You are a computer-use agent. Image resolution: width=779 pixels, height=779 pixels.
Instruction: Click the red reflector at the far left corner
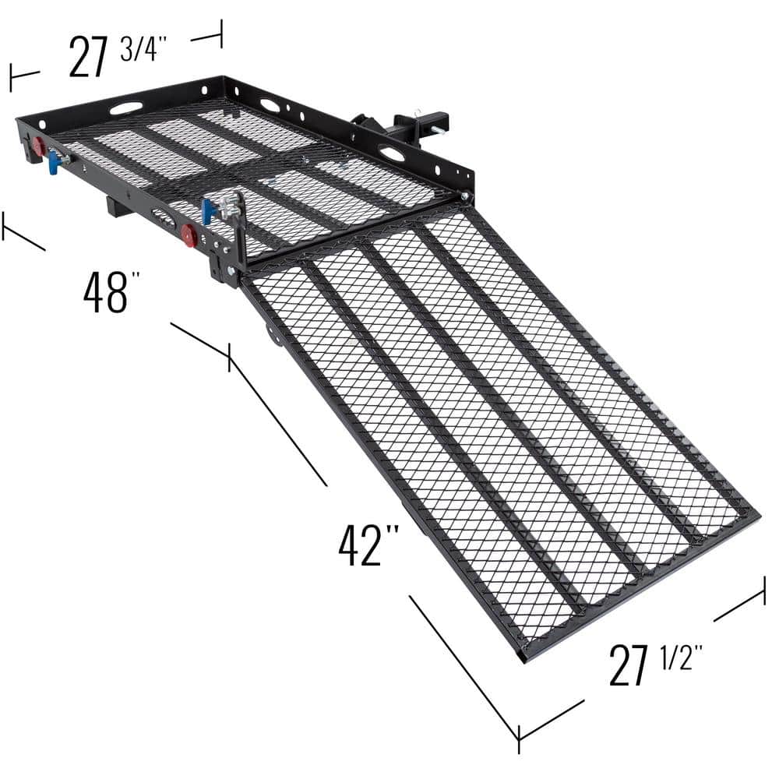[x=37, y=146]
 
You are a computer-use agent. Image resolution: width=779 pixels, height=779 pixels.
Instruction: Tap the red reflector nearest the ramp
[x=188, y=235]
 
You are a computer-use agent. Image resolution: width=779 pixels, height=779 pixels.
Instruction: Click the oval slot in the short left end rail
[x=125, y=108]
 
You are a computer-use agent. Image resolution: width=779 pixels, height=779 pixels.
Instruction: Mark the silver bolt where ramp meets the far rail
[x=465, y=198]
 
